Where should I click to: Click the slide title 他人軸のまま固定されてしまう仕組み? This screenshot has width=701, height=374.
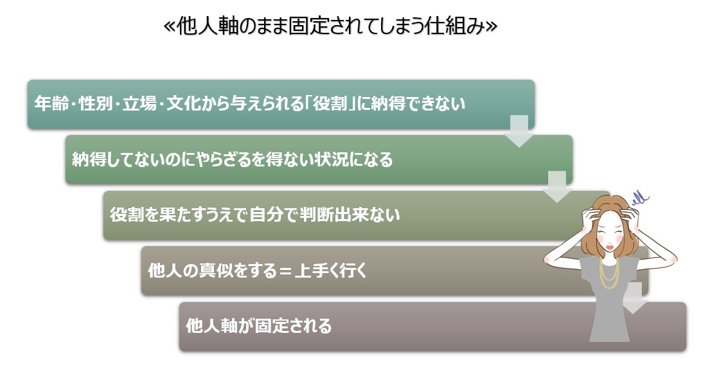[330, 27]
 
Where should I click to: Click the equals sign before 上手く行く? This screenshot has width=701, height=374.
[283, 271]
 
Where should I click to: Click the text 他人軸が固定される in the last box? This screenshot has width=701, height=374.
[259, 326]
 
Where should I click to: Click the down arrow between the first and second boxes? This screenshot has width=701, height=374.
[519, 131]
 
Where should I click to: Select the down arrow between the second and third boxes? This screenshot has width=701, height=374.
[556, 187]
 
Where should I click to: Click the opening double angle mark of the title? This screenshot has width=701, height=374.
[170, 27]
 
